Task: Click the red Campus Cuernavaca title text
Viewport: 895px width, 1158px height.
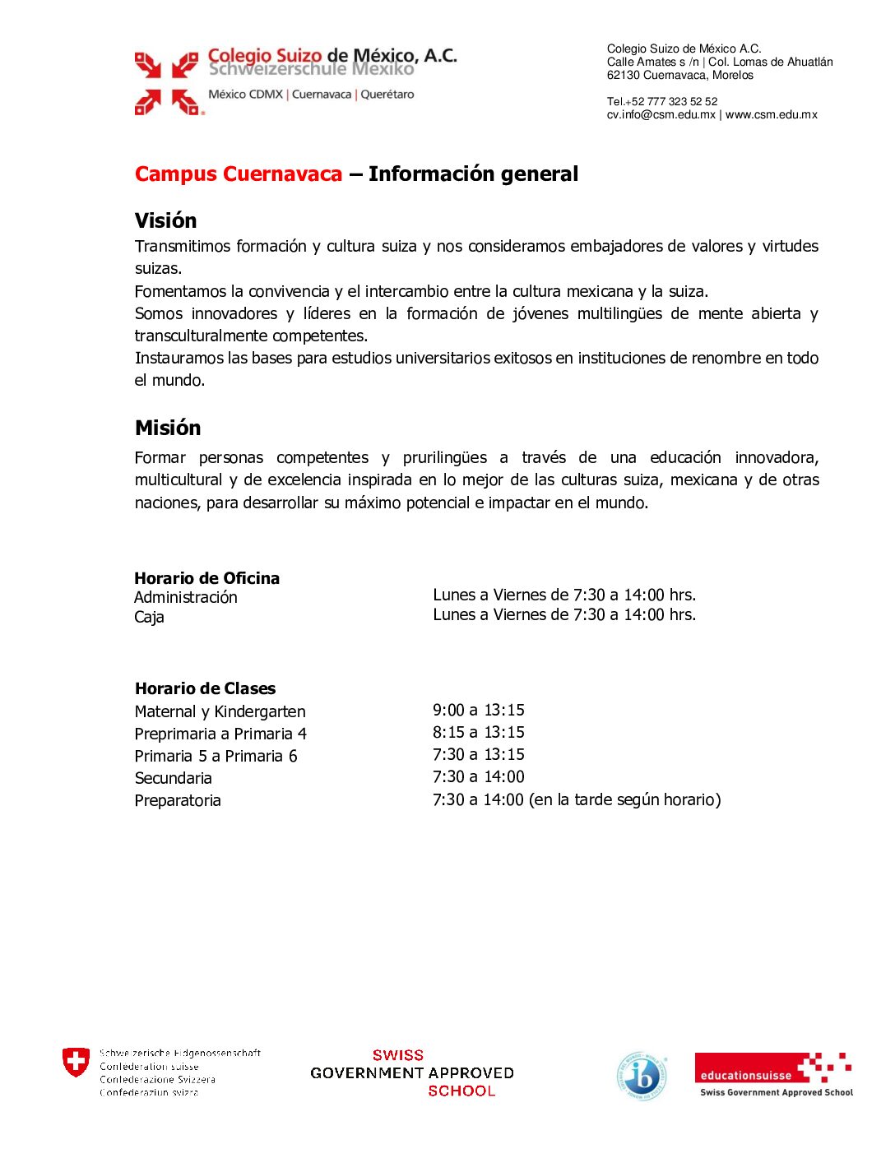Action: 239,174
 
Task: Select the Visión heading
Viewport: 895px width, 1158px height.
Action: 165,220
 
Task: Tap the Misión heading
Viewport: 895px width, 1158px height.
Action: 168,428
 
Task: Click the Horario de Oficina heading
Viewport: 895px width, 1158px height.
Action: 206,578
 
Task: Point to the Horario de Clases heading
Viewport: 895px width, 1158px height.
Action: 205,688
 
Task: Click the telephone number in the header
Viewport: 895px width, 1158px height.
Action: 662,101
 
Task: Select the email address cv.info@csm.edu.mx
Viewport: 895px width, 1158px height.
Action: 661,114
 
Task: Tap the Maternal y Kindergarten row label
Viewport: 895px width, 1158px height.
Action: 220,711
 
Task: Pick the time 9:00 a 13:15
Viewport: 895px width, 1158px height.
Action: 478,710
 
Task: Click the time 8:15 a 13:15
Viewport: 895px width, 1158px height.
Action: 478,732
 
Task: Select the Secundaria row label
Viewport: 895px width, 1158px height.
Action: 173,778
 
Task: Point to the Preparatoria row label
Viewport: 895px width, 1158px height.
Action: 178,800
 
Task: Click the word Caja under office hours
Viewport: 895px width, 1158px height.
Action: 149,617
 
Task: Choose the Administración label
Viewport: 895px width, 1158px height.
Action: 185,597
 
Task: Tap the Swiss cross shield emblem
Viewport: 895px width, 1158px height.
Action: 76,1062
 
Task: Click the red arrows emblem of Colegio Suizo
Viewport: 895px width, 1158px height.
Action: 167,83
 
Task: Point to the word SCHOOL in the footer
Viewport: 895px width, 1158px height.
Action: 461,1091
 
